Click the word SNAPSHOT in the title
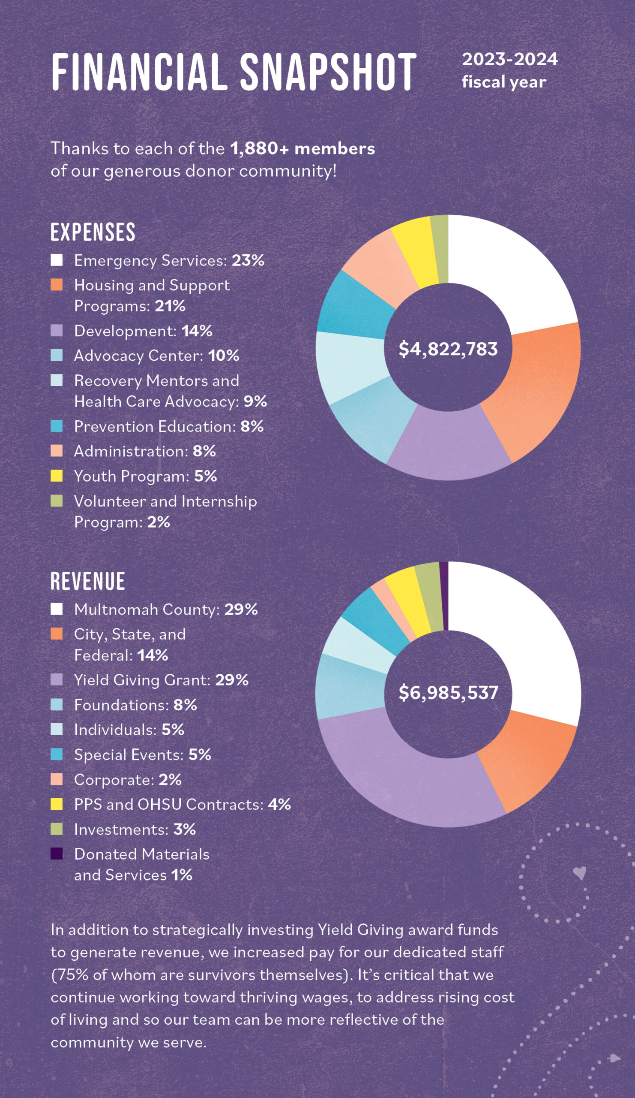click(328, 72)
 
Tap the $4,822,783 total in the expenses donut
click(448, 349)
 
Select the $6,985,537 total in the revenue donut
click(448, 692)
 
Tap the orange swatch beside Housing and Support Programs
click(57, 285)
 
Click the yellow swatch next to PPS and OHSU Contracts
click(57, 804)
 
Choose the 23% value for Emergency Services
click(248, 260)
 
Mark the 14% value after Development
click(197, 331)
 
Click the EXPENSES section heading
click(93, 232)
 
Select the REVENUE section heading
click(88, 581)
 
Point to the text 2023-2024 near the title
click(509, 59)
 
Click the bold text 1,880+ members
click(303, 148)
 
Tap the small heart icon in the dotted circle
click(579, 873)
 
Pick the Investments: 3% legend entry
click(135, 829)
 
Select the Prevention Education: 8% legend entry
click(169, 427)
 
